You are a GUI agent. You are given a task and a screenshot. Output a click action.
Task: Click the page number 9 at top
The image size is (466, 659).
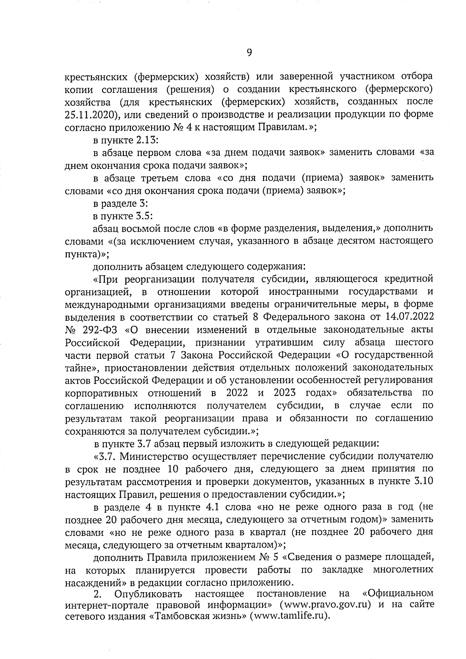point(249,52)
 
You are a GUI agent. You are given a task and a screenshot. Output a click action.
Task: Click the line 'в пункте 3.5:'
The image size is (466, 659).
point(125,216)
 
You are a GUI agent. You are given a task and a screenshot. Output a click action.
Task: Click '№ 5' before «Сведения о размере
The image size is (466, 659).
point(268,557)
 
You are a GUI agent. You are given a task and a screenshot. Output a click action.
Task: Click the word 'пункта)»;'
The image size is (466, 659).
point(87,254)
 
